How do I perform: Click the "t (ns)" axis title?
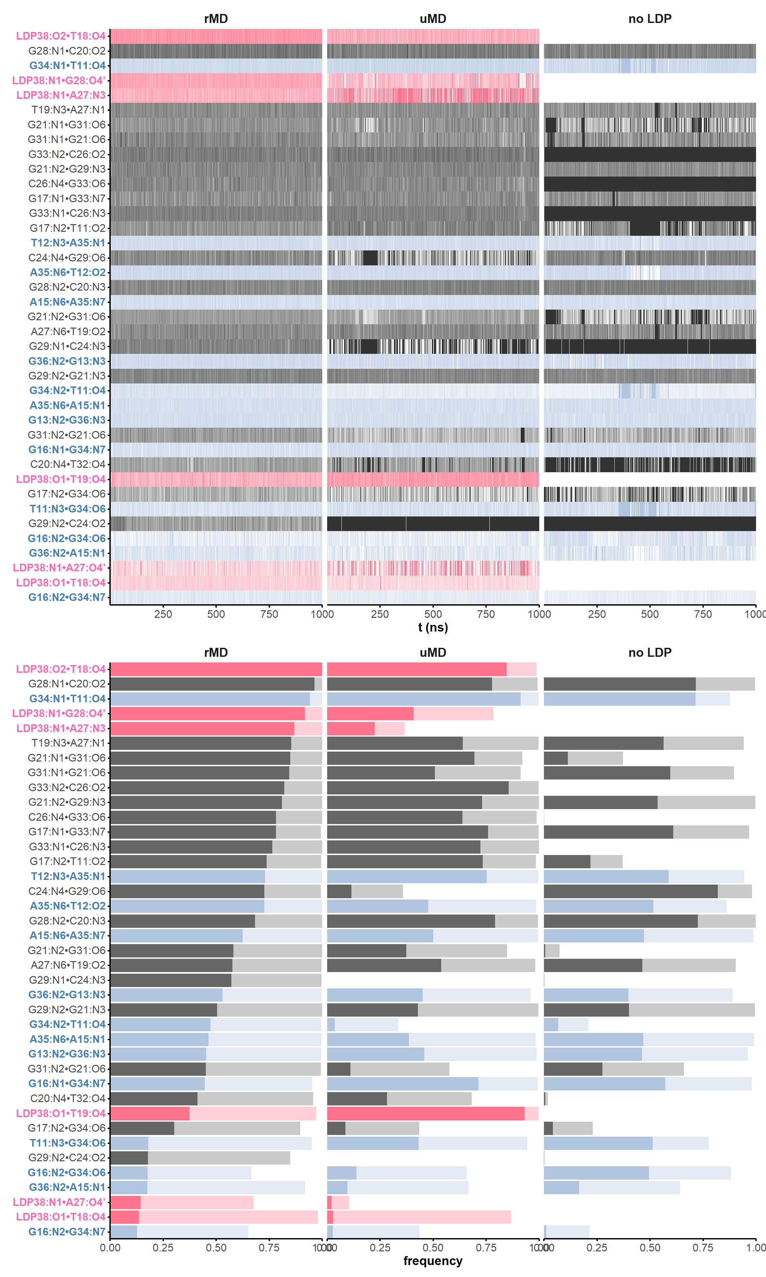pyautogui.click(x=433, y=627)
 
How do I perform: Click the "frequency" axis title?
pyautogui.click(x=433, y=1260)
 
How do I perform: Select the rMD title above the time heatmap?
pyautogui.click(x=216, y=19)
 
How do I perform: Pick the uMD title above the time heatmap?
pyautogui.click(x=433, y=19)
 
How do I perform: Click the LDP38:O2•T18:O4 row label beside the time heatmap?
pyautogui.click(x=61, y=36)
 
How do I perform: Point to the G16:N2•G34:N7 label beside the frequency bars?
pyautogui.click(x=67, y=1231)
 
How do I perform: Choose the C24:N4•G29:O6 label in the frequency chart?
pyautogui.click(x=67, y=891)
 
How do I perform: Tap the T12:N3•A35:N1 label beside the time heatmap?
pyautogui.click(x=68, y=243)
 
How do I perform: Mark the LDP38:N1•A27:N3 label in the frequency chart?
pyautogui.click(x=61, y=728)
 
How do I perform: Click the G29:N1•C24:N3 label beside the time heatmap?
pyautogui.click(x=67, y=346)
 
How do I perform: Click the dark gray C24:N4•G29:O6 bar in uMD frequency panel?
pyautogui.click(x=339, y=891)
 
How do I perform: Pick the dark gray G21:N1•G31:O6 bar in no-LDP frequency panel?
pyautogui.click(x=556, y=758)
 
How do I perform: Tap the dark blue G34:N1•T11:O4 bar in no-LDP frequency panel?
pyautogui.click(x=619, y=698)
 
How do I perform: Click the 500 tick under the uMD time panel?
pyautogui.click(x=433, y=614)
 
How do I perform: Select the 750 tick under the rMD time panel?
pyautogui.click(x=269, y=614)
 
